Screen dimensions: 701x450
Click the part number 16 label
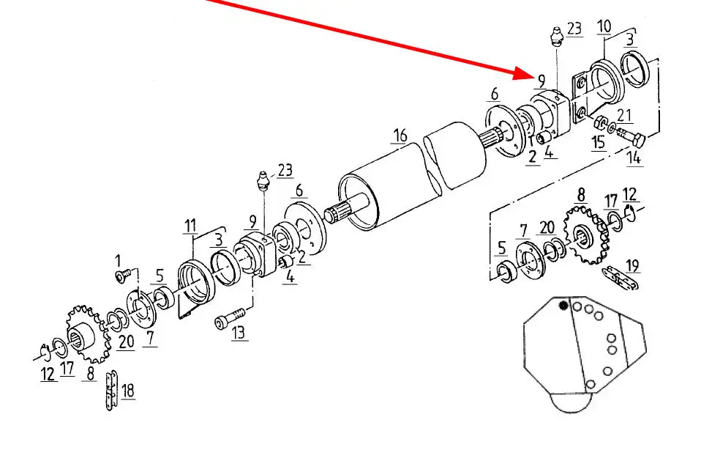(400, 136)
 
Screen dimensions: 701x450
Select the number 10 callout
(604, 26)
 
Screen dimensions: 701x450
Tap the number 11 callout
(190, 226)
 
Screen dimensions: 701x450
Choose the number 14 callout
(634, 158)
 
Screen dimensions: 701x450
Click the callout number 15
(599, 142)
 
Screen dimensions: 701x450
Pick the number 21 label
(624, 116)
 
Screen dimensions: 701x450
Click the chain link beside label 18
(111, 391)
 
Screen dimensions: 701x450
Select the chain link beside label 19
(621, 278)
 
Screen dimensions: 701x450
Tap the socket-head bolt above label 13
(230, 316)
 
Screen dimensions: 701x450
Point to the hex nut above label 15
(601, 122)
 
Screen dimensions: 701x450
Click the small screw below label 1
(124, 276)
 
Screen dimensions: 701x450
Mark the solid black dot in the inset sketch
(563, 306)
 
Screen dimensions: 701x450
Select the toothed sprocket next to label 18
(88, 333)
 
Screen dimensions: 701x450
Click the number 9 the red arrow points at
(541, 81)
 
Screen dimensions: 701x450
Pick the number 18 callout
(128, 391)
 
